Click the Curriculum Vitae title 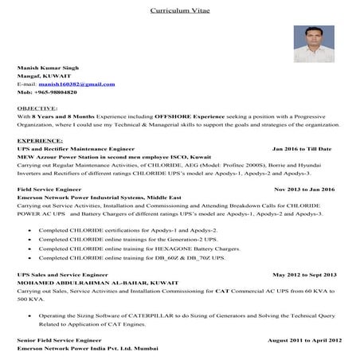click(x=179, y=11)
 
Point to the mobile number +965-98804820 click(x=47, y=92)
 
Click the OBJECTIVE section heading click(x=37, y=108)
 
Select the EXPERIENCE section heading click(x=40, y=140)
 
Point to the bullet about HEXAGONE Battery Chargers click(x=139, y=248)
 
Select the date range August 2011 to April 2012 click(x=303, y=340)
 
